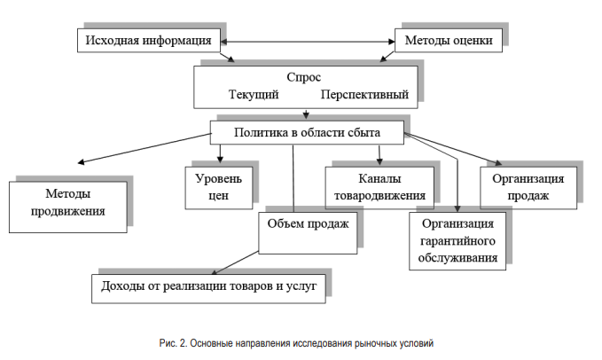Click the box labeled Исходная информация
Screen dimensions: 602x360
149,40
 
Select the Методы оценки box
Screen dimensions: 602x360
449,40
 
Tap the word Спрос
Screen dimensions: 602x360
304,77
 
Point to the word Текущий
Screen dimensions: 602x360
254,94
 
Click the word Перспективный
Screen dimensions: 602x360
364,94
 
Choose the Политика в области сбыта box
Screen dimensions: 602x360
307,133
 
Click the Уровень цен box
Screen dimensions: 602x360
219,188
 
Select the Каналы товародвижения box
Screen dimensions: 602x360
379,188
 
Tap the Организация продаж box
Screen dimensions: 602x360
528,188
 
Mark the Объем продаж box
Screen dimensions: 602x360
308,232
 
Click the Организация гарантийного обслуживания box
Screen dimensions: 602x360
457,241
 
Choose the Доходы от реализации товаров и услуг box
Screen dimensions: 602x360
208,288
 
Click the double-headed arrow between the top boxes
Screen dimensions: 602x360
308,42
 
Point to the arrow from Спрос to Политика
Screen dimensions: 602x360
306,114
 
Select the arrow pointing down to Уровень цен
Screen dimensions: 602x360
220,153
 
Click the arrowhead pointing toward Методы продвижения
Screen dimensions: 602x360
81,162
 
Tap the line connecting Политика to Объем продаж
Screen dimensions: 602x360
293,178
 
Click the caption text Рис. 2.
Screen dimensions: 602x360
173,343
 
